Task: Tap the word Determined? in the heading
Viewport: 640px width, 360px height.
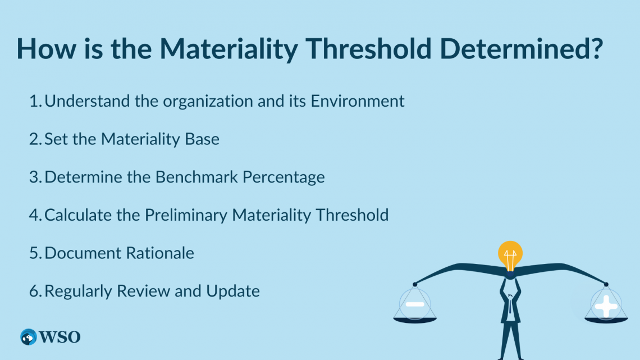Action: pos(521,48)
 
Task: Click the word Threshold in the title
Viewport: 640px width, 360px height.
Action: pos(369,48)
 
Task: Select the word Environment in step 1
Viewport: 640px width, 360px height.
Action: pos(358,101)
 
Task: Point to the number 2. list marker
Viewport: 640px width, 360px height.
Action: pos(35,139)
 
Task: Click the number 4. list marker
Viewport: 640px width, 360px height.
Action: pos(35,215)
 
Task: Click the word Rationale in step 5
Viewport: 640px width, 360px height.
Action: pos(160,253)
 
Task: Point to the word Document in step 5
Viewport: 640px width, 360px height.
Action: pos(83,253)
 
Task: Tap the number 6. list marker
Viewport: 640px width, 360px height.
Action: pos(35,291)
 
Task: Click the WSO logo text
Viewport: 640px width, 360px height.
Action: pos(60,337)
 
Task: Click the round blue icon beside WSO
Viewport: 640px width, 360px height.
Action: pos(29,337)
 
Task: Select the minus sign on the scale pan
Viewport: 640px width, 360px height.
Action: pos(415,304)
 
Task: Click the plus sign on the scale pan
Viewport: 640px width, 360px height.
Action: pos(606,306)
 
